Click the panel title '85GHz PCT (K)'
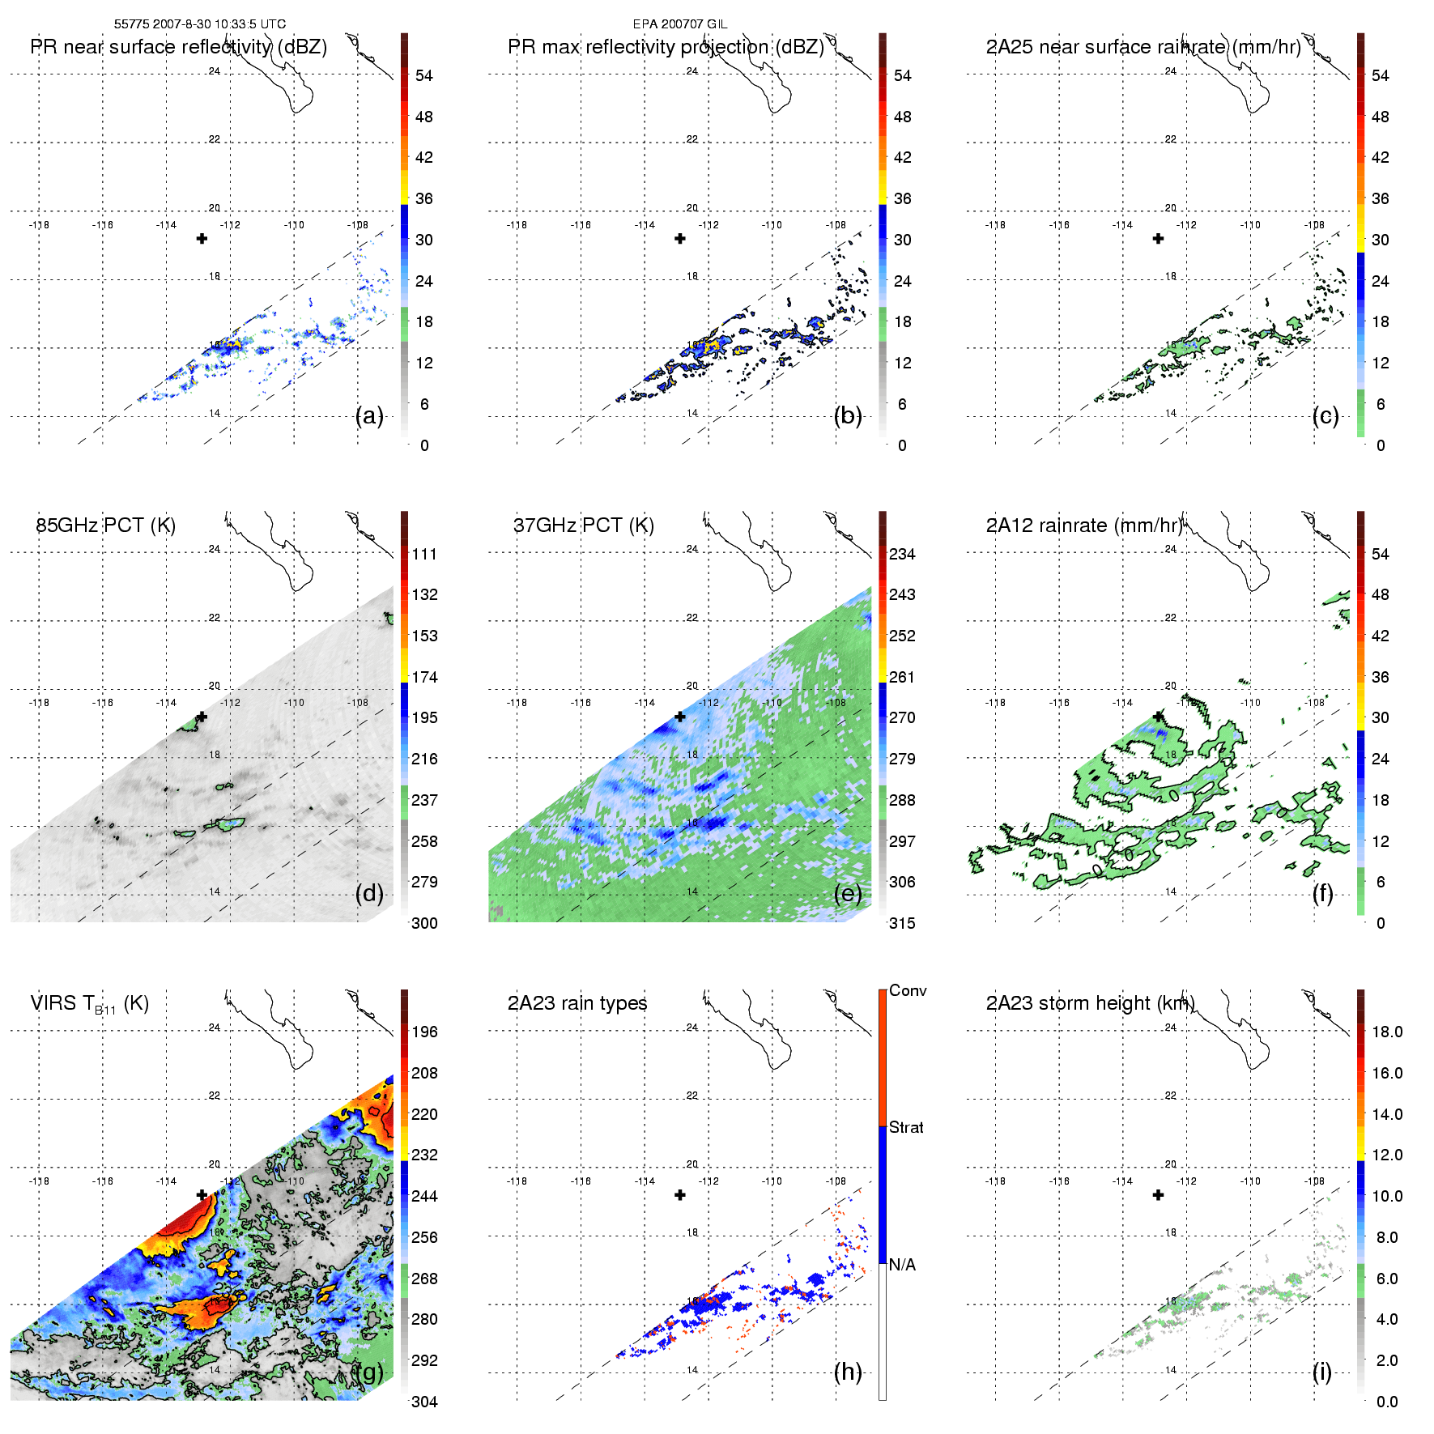click(x=105, y=526)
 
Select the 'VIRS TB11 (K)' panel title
click(x=89, y=1004)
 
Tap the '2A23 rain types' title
click(x=577, y=1003)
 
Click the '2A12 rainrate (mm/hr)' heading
click(x=1084, y=526)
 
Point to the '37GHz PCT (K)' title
click(x=583, y=526)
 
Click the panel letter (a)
click(x=369, y=416)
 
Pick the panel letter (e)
click(x=848, y=894)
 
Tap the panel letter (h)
click(x=848, y=1372)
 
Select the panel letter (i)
click(x=1321, y=1372)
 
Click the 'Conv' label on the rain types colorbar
click(x=908, y=991)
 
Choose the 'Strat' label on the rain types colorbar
click(x=906, y=1127)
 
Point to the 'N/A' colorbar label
click(x=902, y=1265)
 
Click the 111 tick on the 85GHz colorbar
click(x=424, y=555)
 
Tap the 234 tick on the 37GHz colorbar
click(x=902, y=555)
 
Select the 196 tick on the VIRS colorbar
click(x=424, y=1032)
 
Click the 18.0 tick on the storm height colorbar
click(x=1387, y=1032)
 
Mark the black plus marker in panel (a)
click(x=202, y=238)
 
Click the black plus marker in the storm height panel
click(x=1158, y=1195)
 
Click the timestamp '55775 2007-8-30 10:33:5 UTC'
click(x=199, y=24)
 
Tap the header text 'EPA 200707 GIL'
click(x=680, y=24)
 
